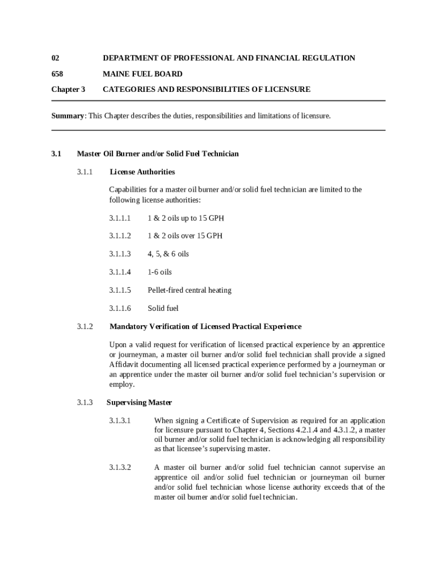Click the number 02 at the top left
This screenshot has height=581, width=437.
tap(55, 58)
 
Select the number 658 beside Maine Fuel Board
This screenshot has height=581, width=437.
tap(57, 74)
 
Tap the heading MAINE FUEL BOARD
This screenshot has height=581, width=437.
tap(142, 74)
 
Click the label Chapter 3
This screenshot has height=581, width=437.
tap(68, 89)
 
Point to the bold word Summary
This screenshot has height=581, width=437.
tap(68, 116)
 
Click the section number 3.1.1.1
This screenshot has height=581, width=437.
tap(120, 218)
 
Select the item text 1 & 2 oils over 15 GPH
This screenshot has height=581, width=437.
tap(185, 235)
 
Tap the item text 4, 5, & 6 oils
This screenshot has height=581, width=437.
tap(168, 254)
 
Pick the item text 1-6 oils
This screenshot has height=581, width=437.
tap(159, 272)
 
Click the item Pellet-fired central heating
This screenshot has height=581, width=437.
tap(190, 290)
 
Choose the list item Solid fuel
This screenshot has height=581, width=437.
tap(163, 308)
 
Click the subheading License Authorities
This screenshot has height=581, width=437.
tap(142, 171)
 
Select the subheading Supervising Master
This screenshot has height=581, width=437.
tap(139, 402)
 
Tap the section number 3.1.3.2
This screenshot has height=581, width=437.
tap(120, 468)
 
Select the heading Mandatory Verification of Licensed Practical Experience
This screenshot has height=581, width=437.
tap(205, 326)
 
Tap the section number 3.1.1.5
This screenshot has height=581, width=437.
tap(120, 290)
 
